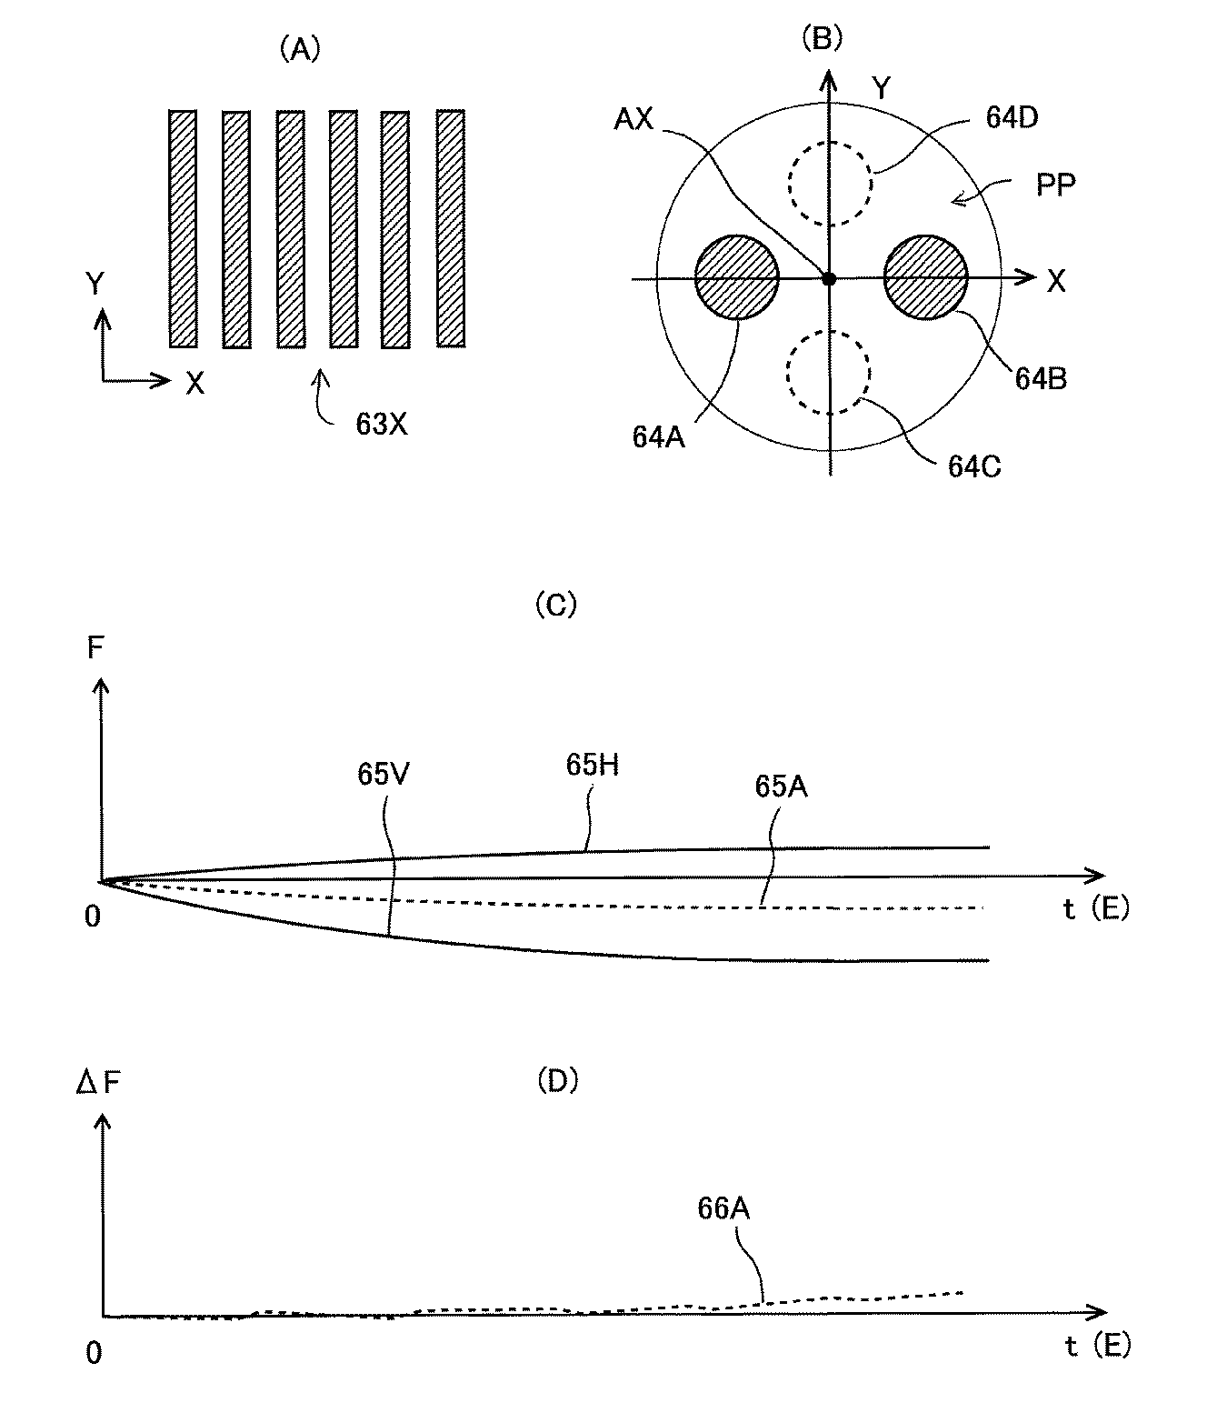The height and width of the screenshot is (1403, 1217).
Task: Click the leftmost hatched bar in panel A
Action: click(183, 229)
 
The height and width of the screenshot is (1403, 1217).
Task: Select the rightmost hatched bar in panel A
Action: click(450, 228)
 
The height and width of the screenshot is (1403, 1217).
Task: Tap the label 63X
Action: click(381, 424)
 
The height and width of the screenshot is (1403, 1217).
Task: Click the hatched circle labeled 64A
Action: click(736, 278)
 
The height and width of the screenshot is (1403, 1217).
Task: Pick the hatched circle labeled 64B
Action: click(925, 278)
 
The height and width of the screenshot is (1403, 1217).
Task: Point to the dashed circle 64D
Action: click(830, 183)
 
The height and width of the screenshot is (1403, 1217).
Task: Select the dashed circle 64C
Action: click(828, 373)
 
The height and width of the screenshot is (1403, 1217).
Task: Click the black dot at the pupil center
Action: click(828, 279)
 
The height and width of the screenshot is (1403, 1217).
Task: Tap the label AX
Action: click(633, 119)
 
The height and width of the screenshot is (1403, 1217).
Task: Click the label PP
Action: click(1055, 185)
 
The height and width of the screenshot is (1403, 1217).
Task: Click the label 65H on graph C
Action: click(592, 766)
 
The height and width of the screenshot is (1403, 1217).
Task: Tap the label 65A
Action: click(781, 787)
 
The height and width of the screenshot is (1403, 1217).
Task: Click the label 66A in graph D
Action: click(723, 1208)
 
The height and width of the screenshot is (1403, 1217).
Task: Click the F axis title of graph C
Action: click(95, 649)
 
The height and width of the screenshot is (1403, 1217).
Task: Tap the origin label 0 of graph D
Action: click(94, 1353)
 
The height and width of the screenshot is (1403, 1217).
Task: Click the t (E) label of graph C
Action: click(1095, 907)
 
